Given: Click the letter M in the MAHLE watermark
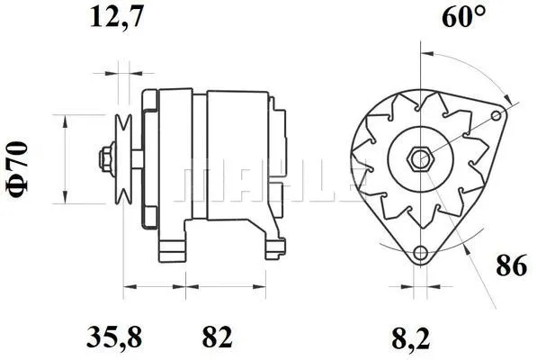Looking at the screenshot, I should [x=201, y=184].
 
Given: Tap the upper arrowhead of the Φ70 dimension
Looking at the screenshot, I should [x=66, y=120].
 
